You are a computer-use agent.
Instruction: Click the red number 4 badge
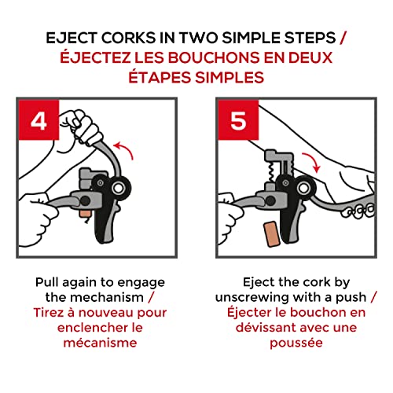coord(39,120)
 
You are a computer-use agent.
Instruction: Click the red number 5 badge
coord(238,120)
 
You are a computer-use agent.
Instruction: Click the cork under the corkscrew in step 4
coord(85,213)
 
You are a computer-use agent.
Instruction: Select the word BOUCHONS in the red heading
coord(214,57)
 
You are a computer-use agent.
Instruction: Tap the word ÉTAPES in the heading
coord(160,78)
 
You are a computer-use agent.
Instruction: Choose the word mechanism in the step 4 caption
coord(107,297)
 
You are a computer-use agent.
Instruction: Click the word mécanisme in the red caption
coord(101,343)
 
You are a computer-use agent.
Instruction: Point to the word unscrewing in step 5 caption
coord(252,298)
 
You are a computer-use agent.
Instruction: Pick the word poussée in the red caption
coord(296,343)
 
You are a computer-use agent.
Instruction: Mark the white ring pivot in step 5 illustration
coord(303,188)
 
